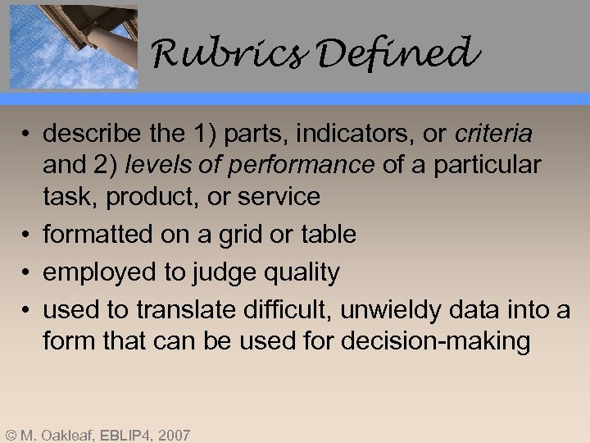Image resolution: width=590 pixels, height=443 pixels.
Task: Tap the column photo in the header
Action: pyautogui.click(x=73, y=44)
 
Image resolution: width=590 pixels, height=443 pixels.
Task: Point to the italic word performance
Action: pyautogui.click(x=303, y=165)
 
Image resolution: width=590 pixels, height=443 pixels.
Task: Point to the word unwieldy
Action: pyautogui.click(x=388, y=310)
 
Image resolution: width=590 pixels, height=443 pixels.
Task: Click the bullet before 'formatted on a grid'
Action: pyautogui.click(x=28, y=235)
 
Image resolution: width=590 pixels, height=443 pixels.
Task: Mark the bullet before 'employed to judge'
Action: pyautogui.click(x=28, y=273)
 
